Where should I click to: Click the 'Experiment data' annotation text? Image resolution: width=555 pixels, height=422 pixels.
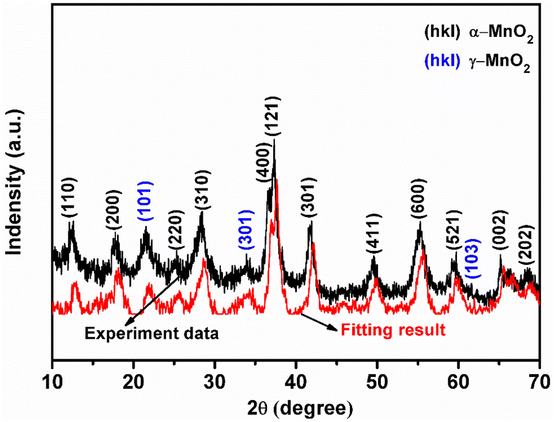(x=152, y=333)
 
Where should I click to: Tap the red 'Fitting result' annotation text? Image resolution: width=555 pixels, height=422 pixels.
(x=393, y=330)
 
